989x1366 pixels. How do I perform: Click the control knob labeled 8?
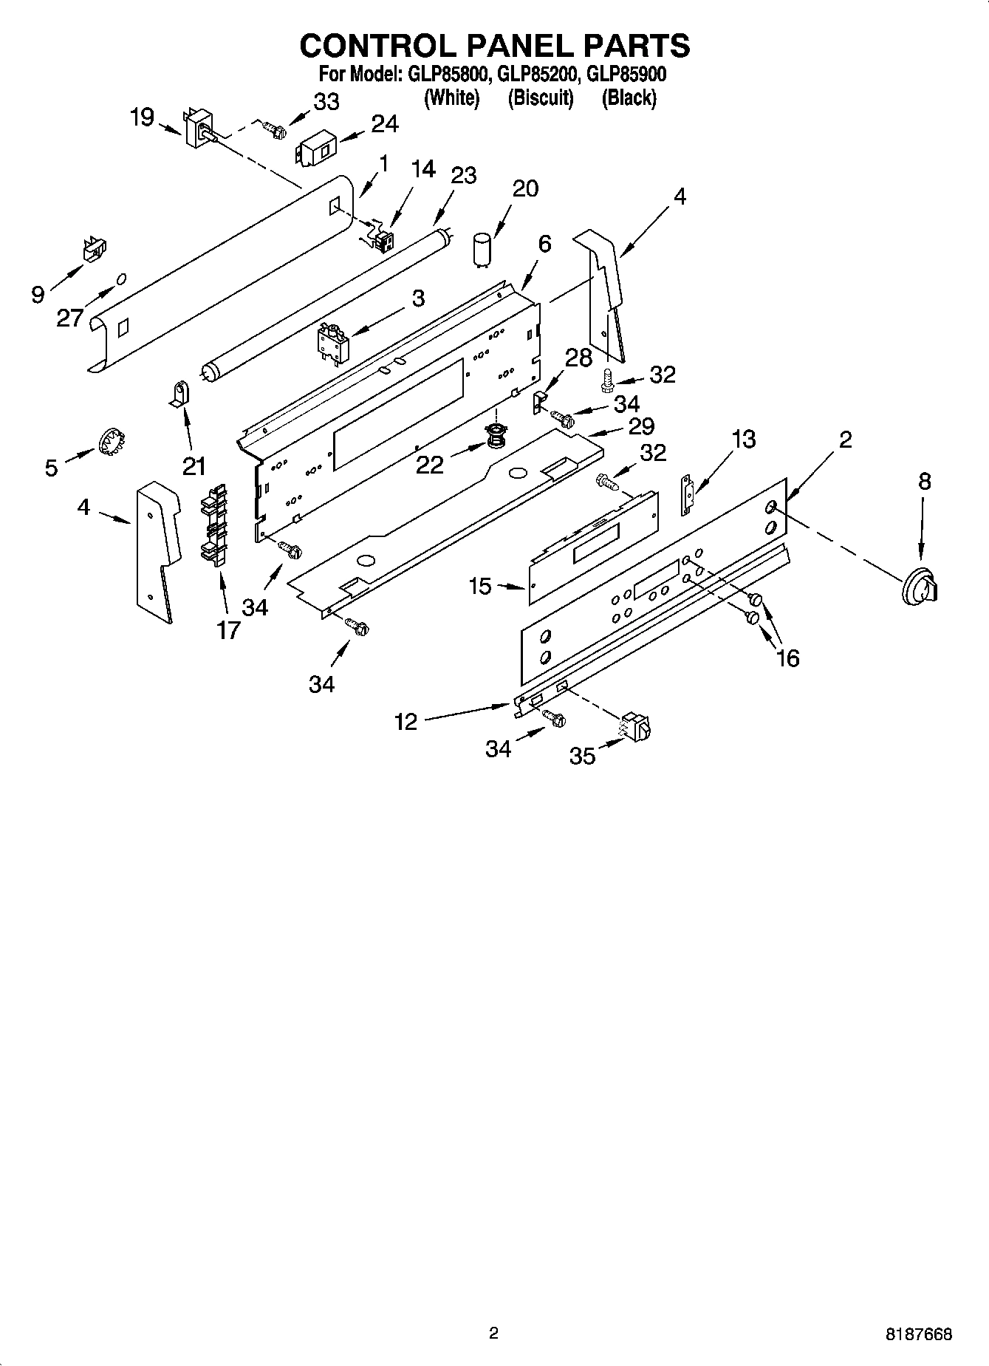click(x=920, y=589)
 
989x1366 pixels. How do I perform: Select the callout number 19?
click(x=142, y=117)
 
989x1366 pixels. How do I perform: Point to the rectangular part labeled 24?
click(x=316, y=151)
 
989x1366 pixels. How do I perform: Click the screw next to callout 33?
click(x=277, y=131)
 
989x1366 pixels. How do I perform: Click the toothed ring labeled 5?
click(x=110, y=443)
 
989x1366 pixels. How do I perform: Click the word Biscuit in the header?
click(x=541, y=98)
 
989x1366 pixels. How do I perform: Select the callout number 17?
click(x=229, y=630)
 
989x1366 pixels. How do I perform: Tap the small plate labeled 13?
click(x=688, y=494)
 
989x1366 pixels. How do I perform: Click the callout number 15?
click(x=480, y=587)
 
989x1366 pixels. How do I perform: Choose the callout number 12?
click(x=406, y=721)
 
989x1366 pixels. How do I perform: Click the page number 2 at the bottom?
click(x=493, y=1333)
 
